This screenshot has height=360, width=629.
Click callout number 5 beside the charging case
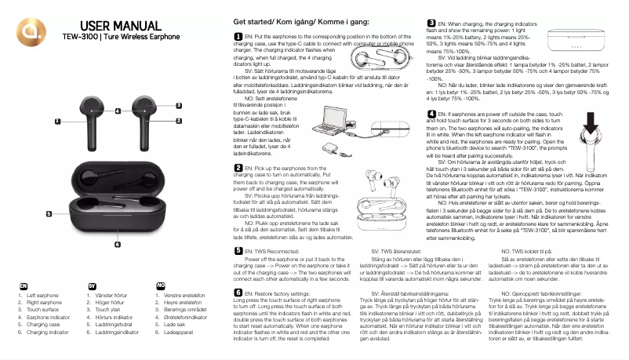[49, 213]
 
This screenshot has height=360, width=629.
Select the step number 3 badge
[431, 24]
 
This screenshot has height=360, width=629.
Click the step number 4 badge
[431, 114]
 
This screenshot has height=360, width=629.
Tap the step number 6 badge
[238, 292]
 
